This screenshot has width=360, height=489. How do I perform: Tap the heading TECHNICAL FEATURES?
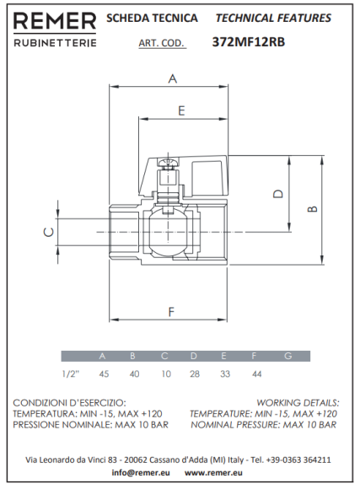(x=273, y=18)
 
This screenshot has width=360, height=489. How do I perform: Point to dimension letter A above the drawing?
(x=173, y=79)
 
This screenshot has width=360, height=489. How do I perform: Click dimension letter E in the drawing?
(x=180, y=110)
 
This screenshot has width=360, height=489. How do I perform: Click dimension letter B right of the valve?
(x=311, y=207)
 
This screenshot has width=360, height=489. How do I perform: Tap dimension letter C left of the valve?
(x=48, y=231)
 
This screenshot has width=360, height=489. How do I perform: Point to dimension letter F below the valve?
(x=172, y=312)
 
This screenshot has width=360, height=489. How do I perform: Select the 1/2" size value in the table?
(x=72, y=373)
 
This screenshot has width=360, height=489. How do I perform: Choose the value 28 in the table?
(x=195, y=373)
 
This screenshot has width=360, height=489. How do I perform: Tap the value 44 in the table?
(x=255, y=373)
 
